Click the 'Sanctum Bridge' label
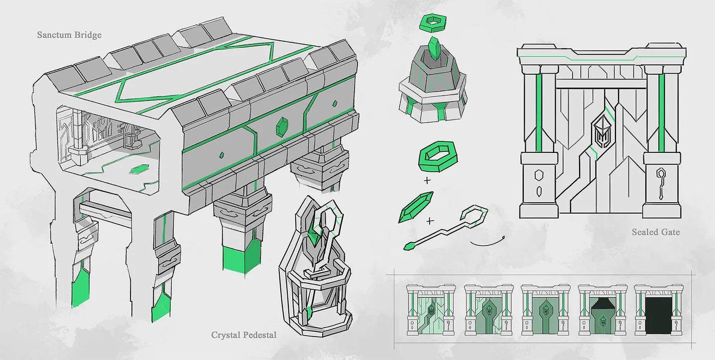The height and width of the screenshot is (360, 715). (69, 35)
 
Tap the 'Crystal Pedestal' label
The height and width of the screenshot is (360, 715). (244, 335)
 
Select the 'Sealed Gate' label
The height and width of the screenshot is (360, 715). (656, 232)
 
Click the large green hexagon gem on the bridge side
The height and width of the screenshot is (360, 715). (282, 127)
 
